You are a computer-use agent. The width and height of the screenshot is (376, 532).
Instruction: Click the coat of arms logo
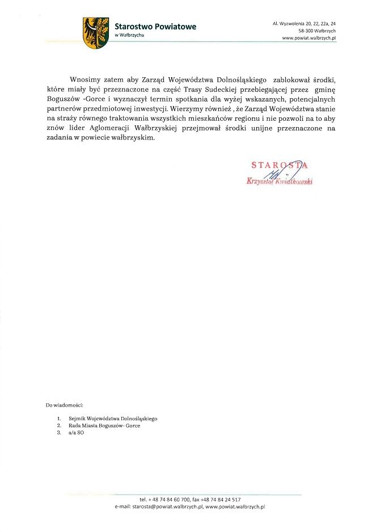coord(95,32)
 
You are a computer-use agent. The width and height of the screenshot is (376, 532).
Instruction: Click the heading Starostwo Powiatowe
coord(155,27)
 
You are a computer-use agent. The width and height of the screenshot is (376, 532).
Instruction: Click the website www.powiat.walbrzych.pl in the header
coord(309,38)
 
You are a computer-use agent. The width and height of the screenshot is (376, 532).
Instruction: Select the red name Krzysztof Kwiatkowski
coord(280,181)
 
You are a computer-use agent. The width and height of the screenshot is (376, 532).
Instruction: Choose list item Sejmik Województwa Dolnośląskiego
coord(111,419)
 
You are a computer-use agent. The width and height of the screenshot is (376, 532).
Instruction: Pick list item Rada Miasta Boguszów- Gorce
coord(102,425)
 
